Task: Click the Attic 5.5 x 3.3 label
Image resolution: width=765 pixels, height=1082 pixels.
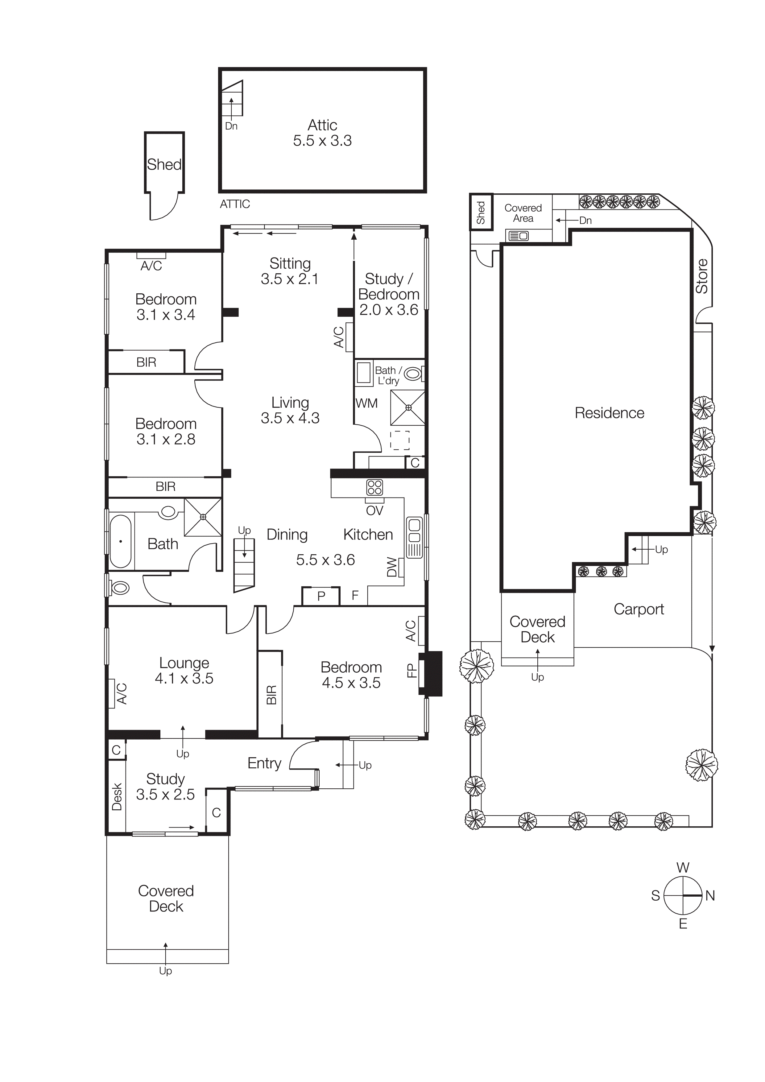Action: (322, 133)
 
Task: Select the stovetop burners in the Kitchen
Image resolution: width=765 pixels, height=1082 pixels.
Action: (375, 487)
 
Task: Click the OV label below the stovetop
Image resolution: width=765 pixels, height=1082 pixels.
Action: (375, 510)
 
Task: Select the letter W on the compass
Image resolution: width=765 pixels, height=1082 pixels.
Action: (683, 868)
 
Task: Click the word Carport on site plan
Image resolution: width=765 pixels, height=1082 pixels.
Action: (639, 609)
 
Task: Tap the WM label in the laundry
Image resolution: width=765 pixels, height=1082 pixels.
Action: (366, 403)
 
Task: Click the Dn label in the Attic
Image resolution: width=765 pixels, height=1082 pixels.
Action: (231, 126)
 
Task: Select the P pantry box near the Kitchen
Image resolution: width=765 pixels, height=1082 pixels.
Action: (321, 596)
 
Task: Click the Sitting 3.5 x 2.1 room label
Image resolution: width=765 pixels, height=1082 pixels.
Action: (290, 271)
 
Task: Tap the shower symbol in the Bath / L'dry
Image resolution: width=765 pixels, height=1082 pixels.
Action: (408, 408)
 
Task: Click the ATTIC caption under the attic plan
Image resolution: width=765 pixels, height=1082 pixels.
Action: (235, 204)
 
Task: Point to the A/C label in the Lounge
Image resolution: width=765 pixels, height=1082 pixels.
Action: (122, 694)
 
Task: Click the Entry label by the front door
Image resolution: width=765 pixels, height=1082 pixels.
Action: (264, 763)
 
